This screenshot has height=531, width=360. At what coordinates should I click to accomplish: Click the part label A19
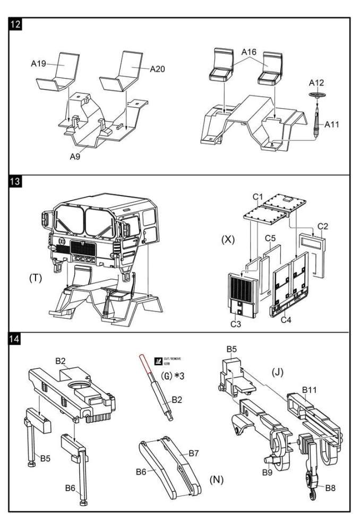(39, 64)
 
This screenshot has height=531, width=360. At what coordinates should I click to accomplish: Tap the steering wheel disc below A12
(318, 95)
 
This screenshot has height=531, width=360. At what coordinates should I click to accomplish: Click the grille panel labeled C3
(243, 295)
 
